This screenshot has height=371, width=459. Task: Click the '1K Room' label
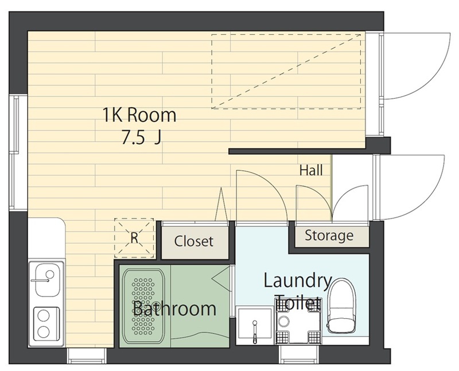[x=139, y=115]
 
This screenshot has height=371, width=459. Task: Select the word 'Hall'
[x=311, y=170]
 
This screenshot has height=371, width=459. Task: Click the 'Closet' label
[x=193, y=241]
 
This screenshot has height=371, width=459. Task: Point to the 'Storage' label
[x=329, y=236]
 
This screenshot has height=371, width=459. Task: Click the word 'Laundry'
[x=298, y=281]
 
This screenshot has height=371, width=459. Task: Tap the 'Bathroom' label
[x=175, y=308]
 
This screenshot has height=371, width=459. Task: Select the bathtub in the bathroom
[x=143, y=306]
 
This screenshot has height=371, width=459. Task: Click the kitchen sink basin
[x=47, y=279]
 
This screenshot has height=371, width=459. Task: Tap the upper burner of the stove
[x=44, y=316]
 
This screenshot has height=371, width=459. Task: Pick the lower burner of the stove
[x=44, y=332]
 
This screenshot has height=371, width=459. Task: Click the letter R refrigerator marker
[x=134, y=238]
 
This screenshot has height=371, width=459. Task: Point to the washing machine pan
[x=298, y=321]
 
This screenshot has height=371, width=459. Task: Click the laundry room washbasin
[x=254, y=325]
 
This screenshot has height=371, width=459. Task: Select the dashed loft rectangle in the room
[x=286, y=72]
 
